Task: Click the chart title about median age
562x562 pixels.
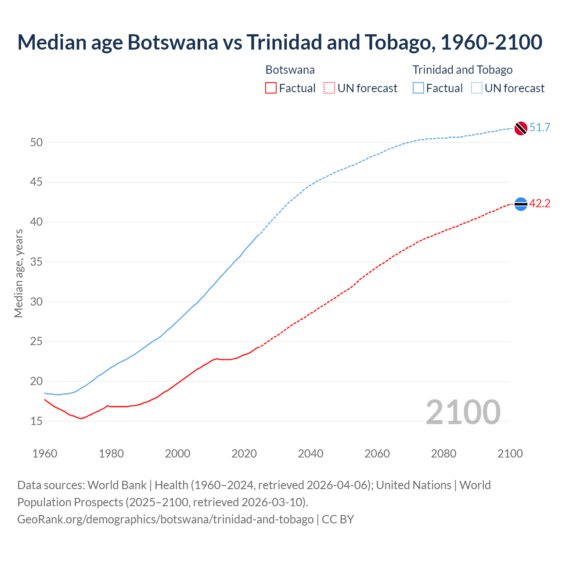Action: (x=280, y=42)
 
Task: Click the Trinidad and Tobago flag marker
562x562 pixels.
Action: (x=520, y=128)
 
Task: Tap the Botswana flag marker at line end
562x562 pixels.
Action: (x=520, y=204)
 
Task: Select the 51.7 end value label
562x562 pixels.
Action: (x=540, y=128)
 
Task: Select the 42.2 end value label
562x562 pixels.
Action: (x=540, y=204)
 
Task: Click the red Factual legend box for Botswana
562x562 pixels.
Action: (x=271, y=88)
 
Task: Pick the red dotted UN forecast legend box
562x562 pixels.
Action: (x=329, y=88)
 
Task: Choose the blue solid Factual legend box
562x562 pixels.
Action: (x=418, y=88)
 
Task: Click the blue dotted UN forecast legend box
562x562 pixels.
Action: (x=477, y=88)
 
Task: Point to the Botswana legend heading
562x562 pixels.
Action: (x=290, y=70)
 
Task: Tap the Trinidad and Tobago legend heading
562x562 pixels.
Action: (x=462, y=70)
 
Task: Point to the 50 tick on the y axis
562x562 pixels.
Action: (x=36, y=142)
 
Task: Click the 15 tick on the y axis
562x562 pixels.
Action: (x=36, y=421)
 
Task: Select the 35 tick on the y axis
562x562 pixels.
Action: (x=36, y=262)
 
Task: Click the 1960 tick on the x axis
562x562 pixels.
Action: (x=45, y=454)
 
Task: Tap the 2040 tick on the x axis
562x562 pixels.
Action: (x=310, y=454)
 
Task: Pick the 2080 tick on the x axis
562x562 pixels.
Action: (x=443, y=454)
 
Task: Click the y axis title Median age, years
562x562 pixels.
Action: (x=18, y=273)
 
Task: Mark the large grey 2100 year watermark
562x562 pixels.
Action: (x=463, y=412)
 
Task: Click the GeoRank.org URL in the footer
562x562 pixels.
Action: (x=165, y=519)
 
